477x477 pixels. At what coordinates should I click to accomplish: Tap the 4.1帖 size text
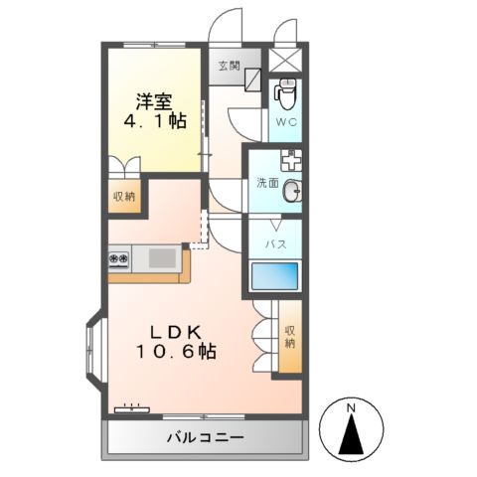tap(154, 121)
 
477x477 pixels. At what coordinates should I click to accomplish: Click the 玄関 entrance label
tap(229, 66)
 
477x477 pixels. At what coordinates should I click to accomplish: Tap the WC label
tap(285, 123)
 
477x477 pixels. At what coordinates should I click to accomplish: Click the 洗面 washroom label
tap(267, 183)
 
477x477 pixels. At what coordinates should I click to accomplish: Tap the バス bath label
tap(275, 242)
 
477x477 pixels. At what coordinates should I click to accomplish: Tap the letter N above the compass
tap(351, 407)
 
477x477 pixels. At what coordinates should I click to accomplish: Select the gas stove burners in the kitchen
tap(119, 259)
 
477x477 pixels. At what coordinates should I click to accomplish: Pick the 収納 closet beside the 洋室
tap(123, 196)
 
